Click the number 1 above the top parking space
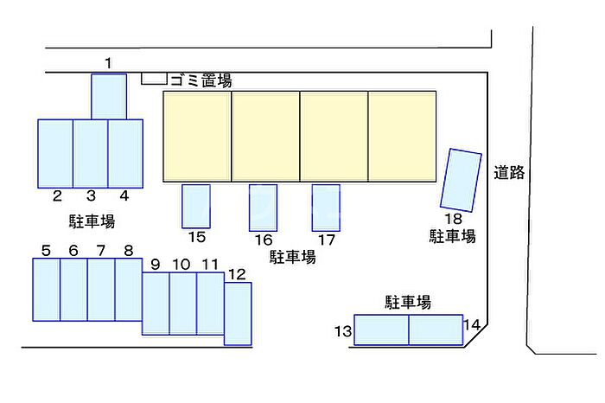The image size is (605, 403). (x=108, y=63)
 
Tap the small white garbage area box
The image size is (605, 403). (x=154, y=79)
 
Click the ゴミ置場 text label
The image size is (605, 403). (x=201, y=80)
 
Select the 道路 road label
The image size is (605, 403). (x=509, y=172)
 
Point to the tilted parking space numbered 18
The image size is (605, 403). (x=461, y=180)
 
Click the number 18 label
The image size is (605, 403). (x=454, y=219)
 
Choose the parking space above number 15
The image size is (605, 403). (x=196, y=206)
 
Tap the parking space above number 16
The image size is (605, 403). (x=263, y=208)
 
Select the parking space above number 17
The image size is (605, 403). (x=326, y=208)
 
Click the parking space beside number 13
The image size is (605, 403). (x=381, y=330)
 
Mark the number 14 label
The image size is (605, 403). (x=472, y=325)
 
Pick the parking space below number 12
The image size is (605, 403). (x=238, y=314)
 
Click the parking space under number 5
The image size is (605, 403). (x=47, y=290)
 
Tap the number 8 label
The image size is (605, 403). (x=129, y=251)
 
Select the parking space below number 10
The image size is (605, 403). (x=183, y=304)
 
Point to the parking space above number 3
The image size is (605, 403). (x=90, y=154)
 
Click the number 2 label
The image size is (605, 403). (x=57, y=195)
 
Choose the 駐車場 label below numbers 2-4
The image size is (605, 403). (x=92, y=221)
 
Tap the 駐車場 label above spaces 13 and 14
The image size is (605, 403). (x=408, y=303)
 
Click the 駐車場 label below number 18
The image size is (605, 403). (x=453, y=236)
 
